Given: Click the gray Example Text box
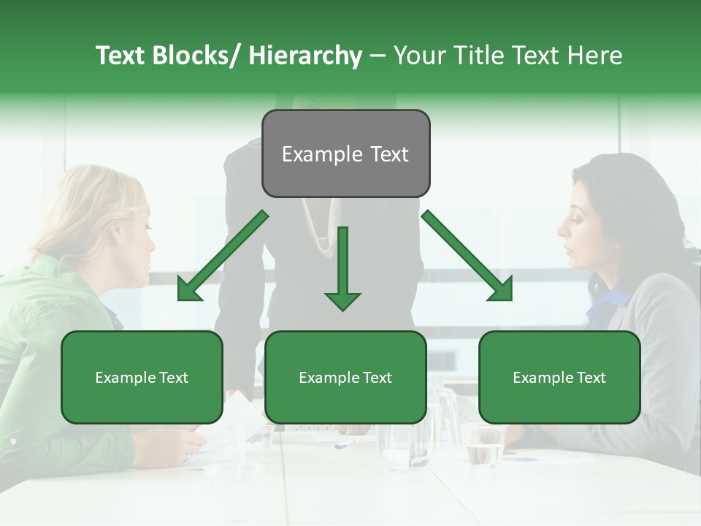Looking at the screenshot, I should click(345, 153).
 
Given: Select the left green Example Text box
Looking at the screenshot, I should click(142, 377).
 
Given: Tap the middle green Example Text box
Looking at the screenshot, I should click(345, 377).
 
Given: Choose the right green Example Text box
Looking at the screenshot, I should click(559, 377).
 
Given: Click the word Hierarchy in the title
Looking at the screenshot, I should click(305, 56).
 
